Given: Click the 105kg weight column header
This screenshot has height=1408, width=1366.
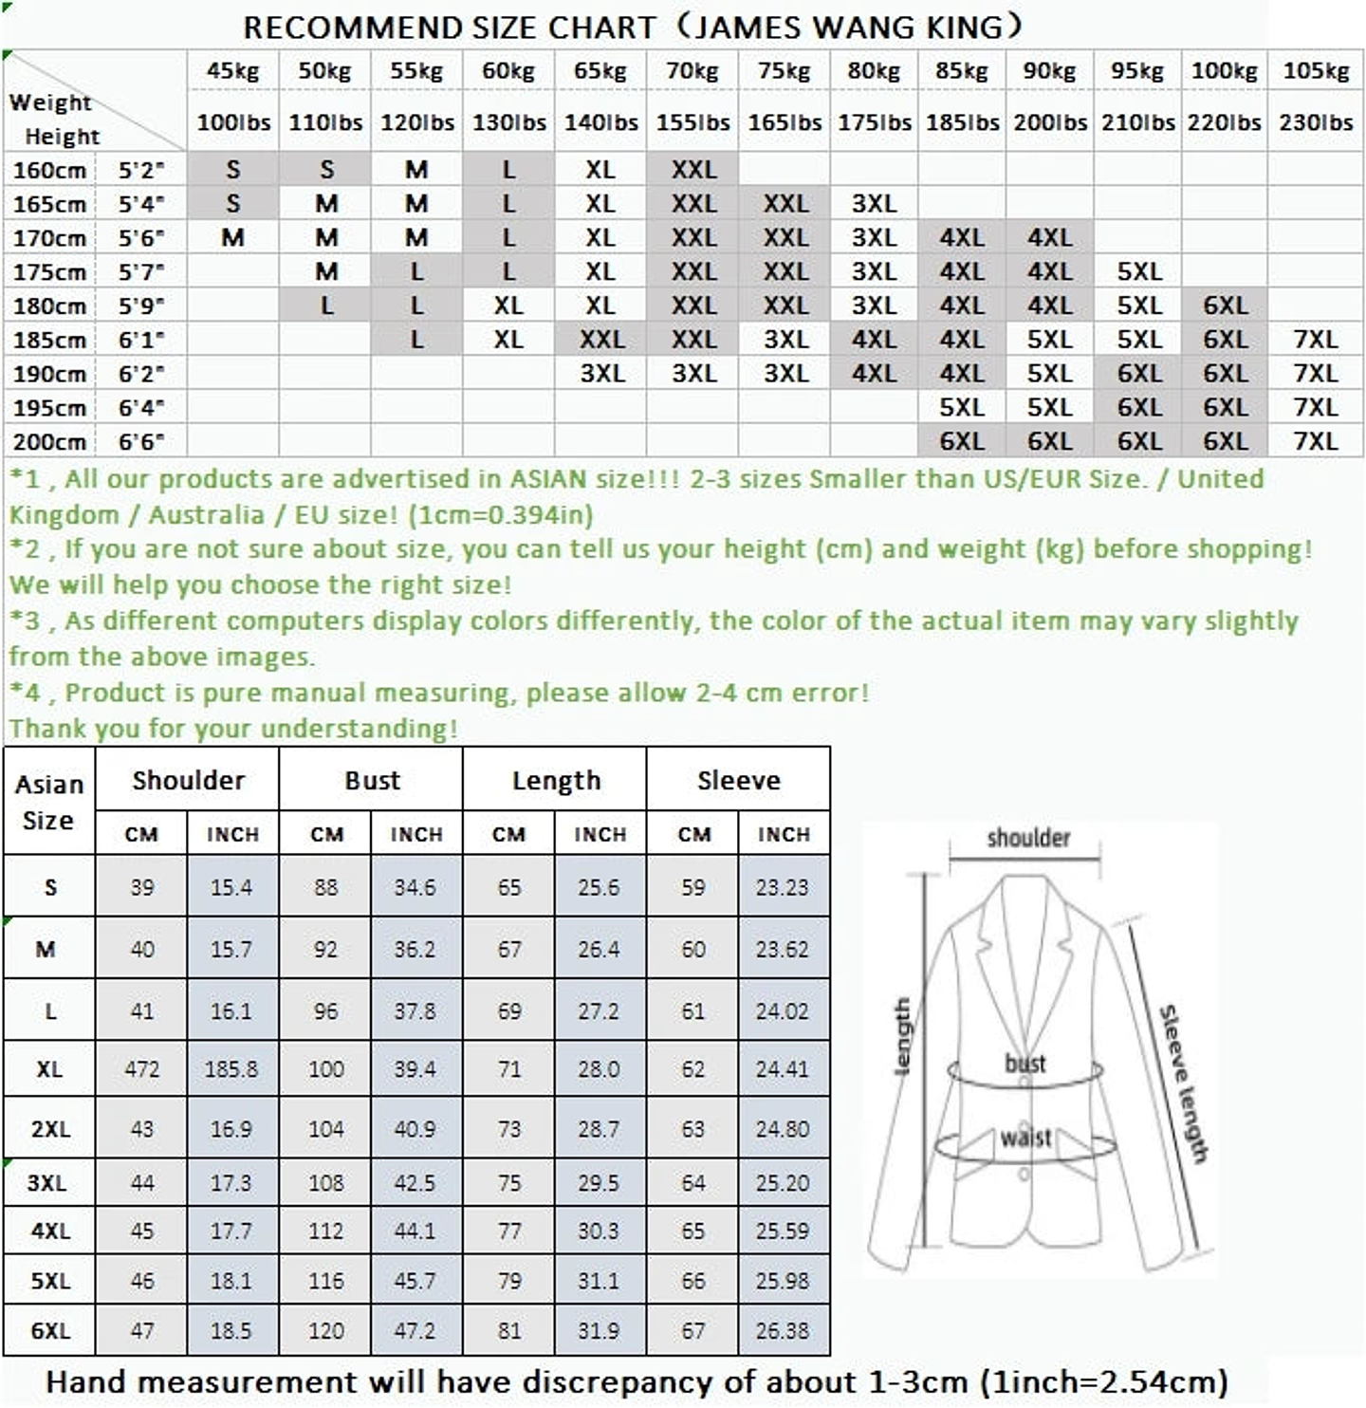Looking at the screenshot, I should tap(1316, 71).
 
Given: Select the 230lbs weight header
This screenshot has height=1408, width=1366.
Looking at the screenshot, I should tap(1316, 122).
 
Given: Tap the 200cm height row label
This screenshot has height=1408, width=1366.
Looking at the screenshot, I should tap(49, 442).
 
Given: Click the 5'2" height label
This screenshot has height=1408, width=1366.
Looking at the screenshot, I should tap(141, 171).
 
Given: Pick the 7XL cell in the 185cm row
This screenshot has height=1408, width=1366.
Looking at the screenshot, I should tap(1316, 340).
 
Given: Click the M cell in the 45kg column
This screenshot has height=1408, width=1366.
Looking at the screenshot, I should tap(232, 238).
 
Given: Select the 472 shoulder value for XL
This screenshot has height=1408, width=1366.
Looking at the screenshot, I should tap(141, 1069).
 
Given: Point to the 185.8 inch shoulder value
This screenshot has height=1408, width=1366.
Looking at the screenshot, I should tap(231, 1069).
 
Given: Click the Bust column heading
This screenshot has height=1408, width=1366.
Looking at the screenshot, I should tap(372, 780).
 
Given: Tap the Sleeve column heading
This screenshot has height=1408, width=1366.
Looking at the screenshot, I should tap(738, 780).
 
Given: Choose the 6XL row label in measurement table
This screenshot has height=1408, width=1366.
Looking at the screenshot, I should tap(49, 1331).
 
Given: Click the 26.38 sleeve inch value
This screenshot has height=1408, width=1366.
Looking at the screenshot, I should tap(782, 1331).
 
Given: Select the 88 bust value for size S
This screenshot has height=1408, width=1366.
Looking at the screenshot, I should tap(325, 887).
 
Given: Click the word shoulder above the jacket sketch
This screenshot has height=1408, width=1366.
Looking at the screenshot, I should tap(1028, 838).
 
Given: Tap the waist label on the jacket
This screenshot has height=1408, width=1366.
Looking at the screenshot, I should tap(1025, 1137).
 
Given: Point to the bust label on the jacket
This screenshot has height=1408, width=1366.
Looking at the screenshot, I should tap(1024, 1063).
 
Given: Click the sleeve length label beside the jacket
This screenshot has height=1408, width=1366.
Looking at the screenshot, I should tap(1183, 1082).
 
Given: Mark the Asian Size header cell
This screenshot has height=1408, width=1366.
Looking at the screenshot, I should tap(49, 802).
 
